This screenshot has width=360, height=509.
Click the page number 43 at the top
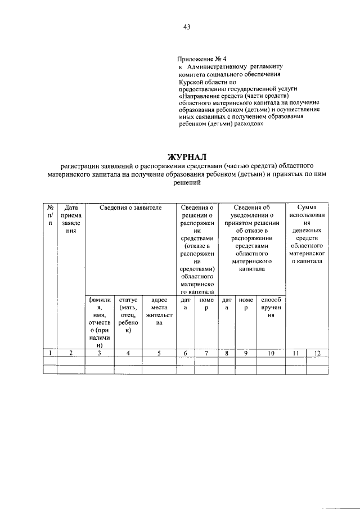[x=186, y=26]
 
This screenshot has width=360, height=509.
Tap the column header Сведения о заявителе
[x=130, y=208]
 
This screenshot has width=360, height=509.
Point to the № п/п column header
[x=51, y=215]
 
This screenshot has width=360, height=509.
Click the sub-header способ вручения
[x=271, y=308]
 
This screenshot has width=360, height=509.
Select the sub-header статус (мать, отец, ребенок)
[x=128, y=316]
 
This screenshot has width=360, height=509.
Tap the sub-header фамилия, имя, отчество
[x=99, y=323]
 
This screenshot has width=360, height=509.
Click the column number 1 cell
[x=51, y=353]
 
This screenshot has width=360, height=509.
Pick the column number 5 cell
[x=159, y=353]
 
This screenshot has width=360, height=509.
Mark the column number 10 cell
[x=271, y=353]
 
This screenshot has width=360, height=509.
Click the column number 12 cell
[x=318, y=353]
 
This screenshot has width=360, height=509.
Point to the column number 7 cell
[x=206, y=353]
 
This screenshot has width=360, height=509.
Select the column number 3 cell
[x=99, y=353]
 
